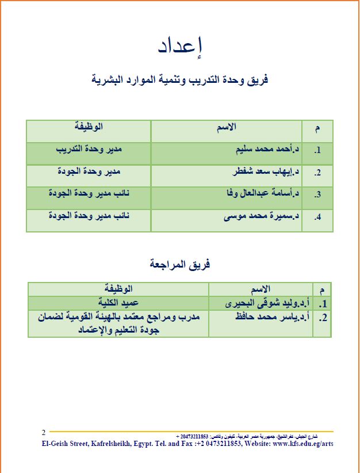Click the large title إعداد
pyautogui.click(x=179, y=47)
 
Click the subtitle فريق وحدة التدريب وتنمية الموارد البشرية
pyautogui.click(x=180, y=79)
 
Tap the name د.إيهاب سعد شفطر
pyautogui.click(x=265, y=173)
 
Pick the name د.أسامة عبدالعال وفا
pyautogui.click(x=263, y=194)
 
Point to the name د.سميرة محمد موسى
pyautogui.click(x=262, y=217)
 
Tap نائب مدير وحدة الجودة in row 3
pyautogui.click(x=89, y=194)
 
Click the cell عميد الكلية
pyautogui.click(x=118, y=302)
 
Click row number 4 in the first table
pyautogui.click(x=317, y=218)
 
